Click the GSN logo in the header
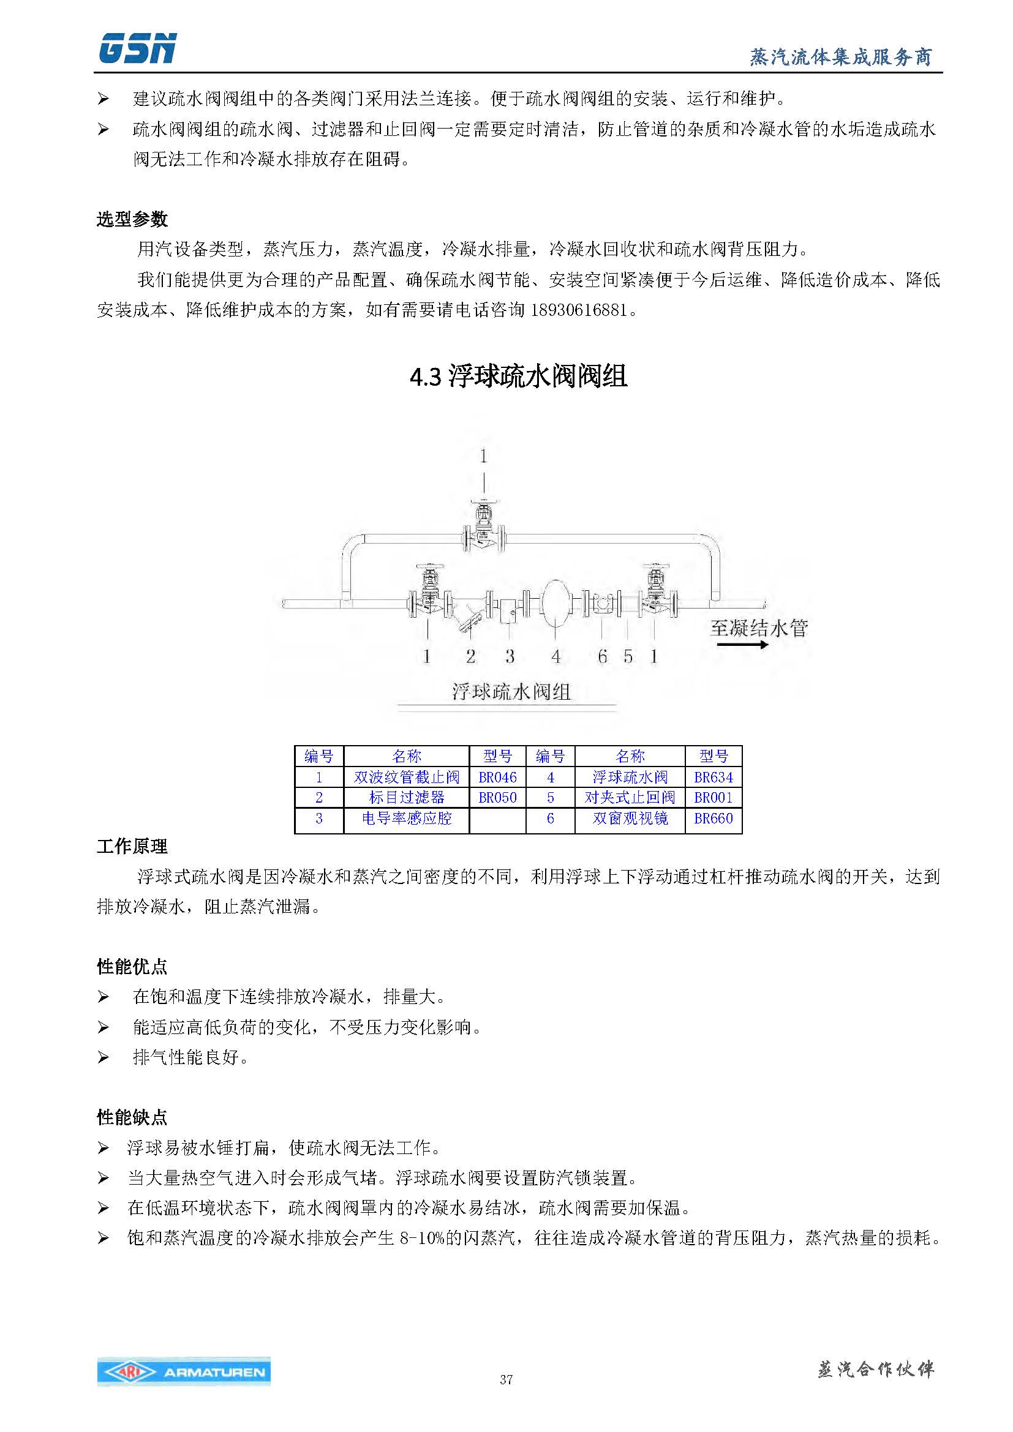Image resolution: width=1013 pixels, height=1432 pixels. pyautogui.click(x=137, y=48)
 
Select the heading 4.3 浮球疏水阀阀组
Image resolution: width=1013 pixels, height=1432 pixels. pyautogui.click(x=518, y=377)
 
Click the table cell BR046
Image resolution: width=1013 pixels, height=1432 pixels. pyautogui.click(x=497, y=777)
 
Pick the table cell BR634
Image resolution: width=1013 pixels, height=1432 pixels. pyautogui.click(x=713, y=777)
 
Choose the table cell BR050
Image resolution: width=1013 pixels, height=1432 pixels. pyautogui.click(x=497, y=797)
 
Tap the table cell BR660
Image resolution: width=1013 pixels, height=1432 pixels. pyautogui.click(x=713, y=819)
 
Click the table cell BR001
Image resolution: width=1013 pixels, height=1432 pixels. pyautogui.click(x=713, y=797)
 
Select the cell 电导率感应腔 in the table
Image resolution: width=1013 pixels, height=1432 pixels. pyautogui.click(x=406, y=819)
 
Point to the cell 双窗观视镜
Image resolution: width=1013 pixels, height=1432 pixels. pyautogui.click(x=630, y=819)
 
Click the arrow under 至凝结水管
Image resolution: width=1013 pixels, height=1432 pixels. pyautogui.click(x=742, y=644)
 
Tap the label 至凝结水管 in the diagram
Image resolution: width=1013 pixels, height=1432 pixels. pyautogui.click(x=758, y=628)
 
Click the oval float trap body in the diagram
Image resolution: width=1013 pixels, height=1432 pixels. pyautogui.click(x=555, y=602)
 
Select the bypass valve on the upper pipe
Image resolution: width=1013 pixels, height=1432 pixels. pyautogui.click(x=484, y=530)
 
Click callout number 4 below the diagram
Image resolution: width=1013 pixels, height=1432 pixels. pyautogui.click(x=555, y=656)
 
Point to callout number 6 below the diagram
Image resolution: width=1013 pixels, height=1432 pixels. pyautogui.click(x=602, y=656)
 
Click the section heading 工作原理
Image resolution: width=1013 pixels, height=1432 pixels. pyautogui.click(x=132, y=847)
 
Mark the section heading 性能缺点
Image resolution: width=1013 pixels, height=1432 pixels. pyautogui.click(x=132, y=1117)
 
